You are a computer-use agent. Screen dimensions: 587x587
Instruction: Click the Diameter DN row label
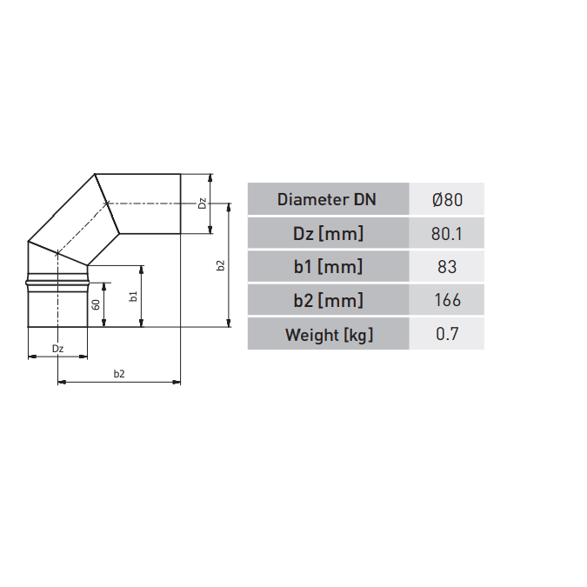coord(326,199)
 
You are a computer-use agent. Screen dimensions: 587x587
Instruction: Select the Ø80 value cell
coord(447,199)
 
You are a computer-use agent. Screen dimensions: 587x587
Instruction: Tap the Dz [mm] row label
coord(328,234)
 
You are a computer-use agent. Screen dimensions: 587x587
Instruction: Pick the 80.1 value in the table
coord(447,234)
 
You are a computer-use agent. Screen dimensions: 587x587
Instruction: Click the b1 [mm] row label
coord(328,267)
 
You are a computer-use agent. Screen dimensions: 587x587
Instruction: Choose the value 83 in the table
coord(447,267)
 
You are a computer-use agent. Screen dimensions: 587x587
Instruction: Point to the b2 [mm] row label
coord(328,300)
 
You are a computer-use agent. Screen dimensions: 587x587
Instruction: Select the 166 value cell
coord(447,300)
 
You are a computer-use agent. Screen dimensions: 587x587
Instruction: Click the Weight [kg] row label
coord(329,334)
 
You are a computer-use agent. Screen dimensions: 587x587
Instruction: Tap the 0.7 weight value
coord(447,334)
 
